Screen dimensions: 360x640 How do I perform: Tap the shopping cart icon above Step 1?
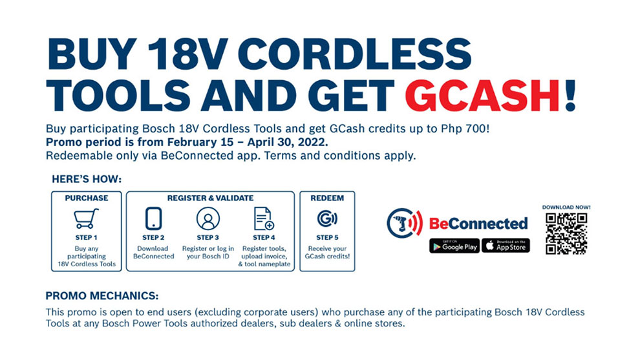[86, 219]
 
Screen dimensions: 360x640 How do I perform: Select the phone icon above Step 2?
[154, 219]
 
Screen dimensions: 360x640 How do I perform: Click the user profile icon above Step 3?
[208, 219]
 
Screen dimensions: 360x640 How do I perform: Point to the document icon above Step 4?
[264, 219]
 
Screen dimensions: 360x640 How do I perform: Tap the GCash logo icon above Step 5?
[327, 219]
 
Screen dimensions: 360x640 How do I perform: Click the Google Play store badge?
[454, 246]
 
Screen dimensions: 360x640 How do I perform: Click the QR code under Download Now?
[566, 233]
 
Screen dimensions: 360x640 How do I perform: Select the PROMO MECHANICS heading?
[102, 296]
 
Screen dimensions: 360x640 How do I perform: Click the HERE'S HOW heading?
[86, 179]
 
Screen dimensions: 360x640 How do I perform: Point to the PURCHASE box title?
[86, 198]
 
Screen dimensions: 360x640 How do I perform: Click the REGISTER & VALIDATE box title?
[211, 198]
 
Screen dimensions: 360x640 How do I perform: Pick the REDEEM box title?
[327, 198]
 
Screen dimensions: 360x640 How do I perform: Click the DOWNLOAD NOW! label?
[566, 207]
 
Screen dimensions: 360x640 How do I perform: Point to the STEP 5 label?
[327, 237]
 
